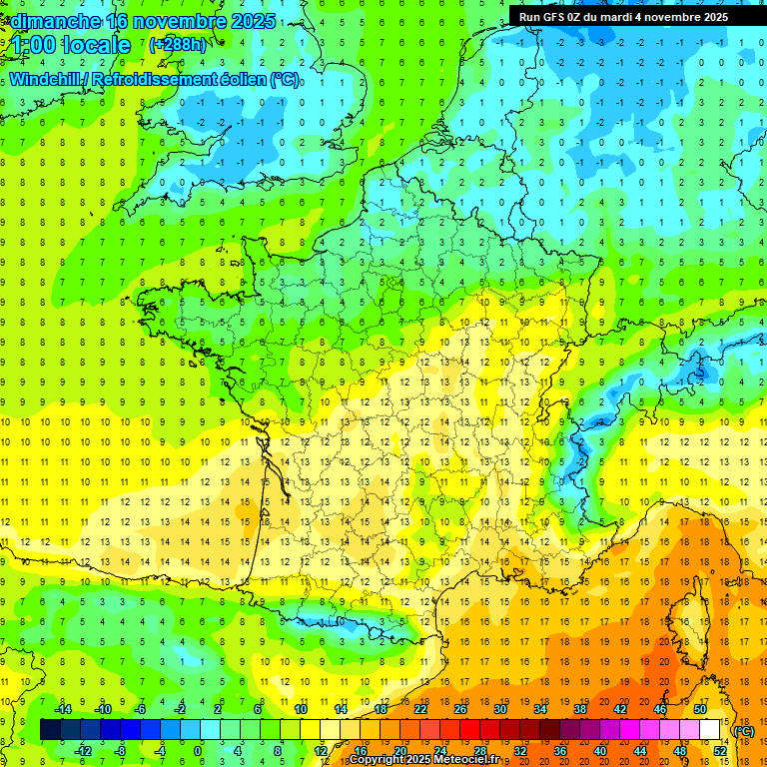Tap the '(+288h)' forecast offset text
coord(177,45)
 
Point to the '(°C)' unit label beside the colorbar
coord(743,731)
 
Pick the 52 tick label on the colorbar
coord(720,751)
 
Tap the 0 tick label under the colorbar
coord(198,751)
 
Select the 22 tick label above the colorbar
coord(420,709)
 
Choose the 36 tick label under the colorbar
coord(559,751)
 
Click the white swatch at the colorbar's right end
coord(710,730)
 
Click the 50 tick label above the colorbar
coord(700,709)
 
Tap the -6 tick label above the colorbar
coord(141,709)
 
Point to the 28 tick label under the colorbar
coord(479,751)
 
